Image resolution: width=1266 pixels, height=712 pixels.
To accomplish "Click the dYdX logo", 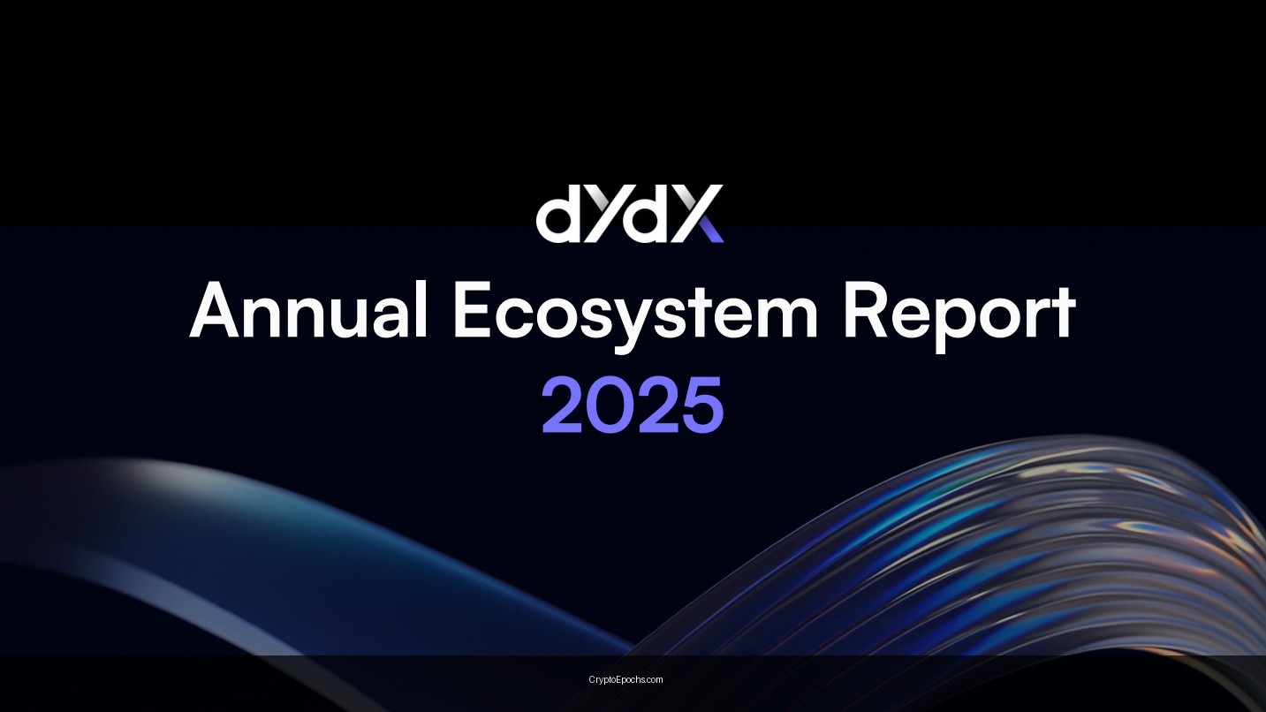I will [x=630, y=214].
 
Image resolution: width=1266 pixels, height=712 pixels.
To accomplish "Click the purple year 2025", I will [x=633, y=405].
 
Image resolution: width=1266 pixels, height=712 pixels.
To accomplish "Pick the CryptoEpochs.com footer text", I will [x=625, y=679].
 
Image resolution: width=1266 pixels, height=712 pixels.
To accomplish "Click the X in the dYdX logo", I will [x=696, y=214].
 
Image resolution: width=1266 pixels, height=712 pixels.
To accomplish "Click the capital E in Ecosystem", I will [x=474, y=311].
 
